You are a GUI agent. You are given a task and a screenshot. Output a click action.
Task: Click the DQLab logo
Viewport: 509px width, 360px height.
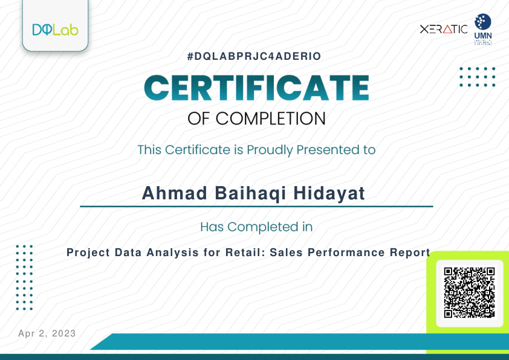pos(55,29)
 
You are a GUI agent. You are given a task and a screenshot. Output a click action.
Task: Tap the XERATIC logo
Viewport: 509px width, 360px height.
pos(444,29)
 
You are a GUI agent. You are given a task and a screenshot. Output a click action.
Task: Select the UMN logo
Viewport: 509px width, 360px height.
pos(482,30)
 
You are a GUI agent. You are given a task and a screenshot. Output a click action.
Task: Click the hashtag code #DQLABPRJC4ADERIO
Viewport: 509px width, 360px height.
pos(254,56)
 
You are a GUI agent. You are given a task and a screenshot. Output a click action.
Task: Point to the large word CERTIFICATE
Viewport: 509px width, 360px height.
pos(256,88)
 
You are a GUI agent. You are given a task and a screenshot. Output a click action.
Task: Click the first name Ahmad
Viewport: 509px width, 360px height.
pos(166,193)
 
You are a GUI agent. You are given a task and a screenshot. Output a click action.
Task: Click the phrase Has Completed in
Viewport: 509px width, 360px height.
pos(256,227)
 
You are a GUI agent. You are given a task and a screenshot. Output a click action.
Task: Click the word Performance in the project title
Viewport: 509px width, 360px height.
pos(345,252)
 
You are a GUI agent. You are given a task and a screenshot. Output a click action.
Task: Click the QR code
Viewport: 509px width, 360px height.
pos(469,293)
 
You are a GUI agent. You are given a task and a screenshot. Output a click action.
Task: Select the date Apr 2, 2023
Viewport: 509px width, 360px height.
pos(47,333)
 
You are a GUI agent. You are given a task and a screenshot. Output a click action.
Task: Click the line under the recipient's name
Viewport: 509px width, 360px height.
pos(256,207)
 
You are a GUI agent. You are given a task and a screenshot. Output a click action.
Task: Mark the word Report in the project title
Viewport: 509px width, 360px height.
pos(409,252)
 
